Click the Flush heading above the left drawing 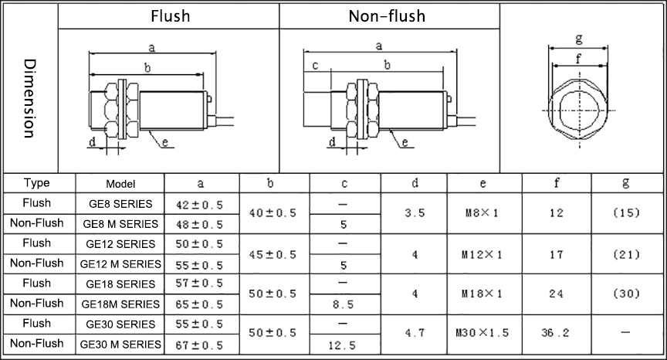coord(170,15)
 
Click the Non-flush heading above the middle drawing coord(387,15)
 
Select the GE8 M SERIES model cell coord(120,224)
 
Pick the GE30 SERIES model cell coord(120,324)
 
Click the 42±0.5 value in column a coord(201,205)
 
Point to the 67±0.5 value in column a coord(201,345)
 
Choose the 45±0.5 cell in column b coord(273,253)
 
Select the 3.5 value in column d coord(415,213)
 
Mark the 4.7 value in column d coord(415,334)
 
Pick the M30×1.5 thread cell coord(482,334)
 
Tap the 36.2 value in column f coord(556,334)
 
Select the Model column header coord(120,184)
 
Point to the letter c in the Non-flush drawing coord(316,65)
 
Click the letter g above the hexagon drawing coord(579,39)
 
